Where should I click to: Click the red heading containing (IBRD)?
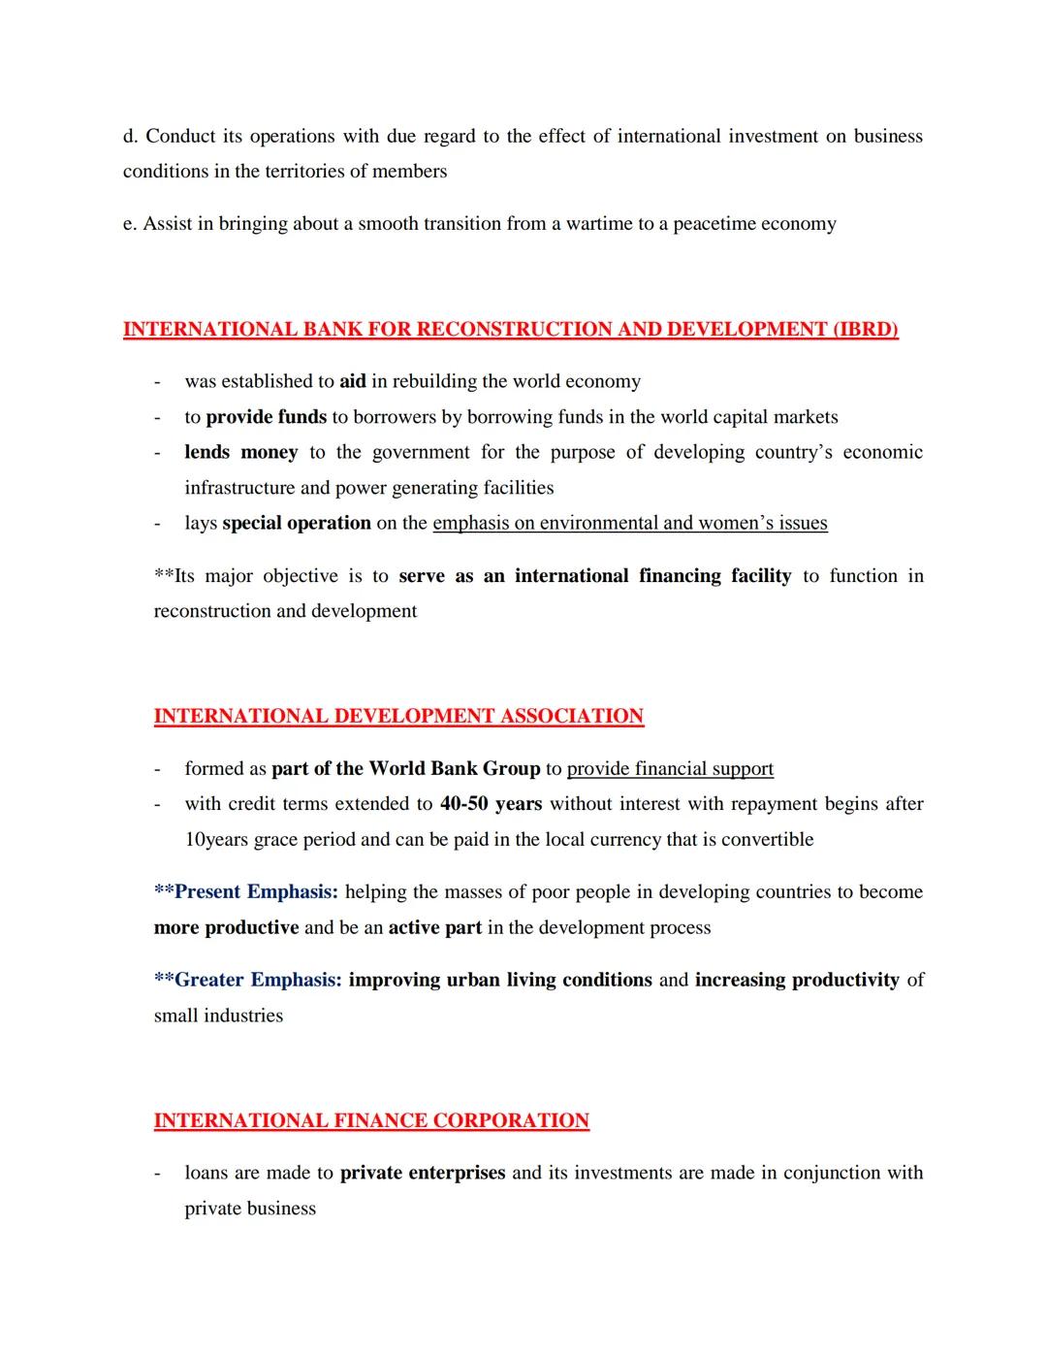pos(510,329)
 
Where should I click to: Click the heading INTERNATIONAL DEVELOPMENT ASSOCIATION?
pos(398,716)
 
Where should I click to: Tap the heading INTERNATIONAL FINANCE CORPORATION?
pos(371,1120)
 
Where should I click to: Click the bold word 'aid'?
pos(353,381)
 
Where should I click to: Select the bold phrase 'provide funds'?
pos(266,417)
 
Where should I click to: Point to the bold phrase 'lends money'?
pos(240,452)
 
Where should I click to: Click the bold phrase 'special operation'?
pos(297,523)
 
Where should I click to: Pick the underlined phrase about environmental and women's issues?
pos(629,523)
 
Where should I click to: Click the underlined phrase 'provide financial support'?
pos(670,768)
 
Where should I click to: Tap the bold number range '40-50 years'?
pos(491,804)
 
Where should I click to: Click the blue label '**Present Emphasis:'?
pos(246,891)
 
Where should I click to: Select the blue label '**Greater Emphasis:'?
pos(247,980)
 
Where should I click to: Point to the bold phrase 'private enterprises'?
pos(423,1173)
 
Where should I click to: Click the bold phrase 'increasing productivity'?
pos(797,980)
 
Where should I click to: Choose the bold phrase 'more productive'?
pos(226,927)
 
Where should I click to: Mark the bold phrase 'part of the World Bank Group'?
pos(405,768)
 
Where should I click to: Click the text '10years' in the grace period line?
pos(216,839)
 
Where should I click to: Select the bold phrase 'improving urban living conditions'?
pos(500,980)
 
